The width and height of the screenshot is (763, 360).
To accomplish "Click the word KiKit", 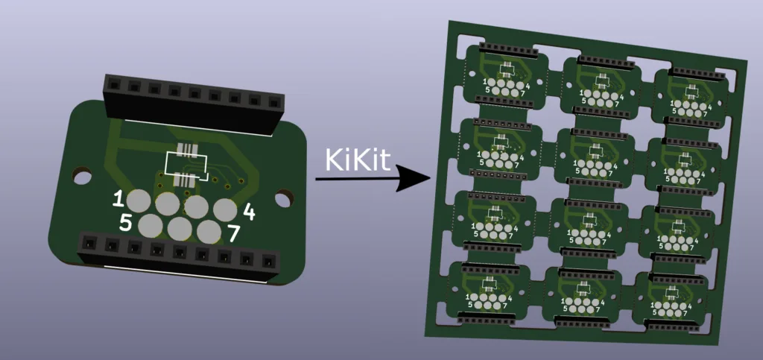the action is coord(358,159).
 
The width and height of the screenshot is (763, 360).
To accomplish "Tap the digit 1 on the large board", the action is coord(118,199).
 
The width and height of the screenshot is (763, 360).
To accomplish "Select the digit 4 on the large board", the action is coord(249,212).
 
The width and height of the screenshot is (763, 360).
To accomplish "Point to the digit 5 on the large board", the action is coord(126,223).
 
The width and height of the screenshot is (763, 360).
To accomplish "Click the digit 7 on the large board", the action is coord(233,233).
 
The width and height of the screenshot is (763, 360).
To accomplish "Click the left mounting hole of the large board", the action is coord(82,176).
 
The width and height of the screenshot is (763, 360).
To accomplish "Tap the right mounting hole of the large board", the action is coord(284,198).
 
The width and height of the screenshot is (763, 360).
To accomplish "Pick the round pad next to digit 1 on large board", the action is coord(139,201).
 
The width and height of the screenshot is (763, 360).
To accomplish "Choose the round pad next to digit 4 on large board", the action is coord(225,210).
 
